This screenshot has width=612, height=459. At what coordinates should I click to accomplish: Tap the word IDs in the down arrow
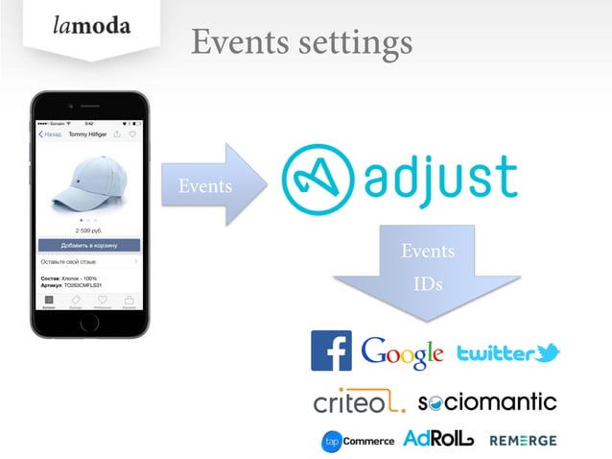[x=427, y=285]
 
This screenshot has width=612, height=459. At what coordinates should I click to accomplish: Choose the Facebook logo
[x=331, y=351]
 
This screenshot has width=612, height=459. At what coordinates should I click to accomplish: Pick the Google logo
[x=402, y=352]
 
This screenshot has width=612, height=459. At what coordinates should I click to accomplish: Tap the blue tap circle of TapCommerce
[x=332, y=441]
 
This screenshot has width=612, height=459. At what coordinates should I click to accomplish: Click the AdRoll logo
[x=438, y=439]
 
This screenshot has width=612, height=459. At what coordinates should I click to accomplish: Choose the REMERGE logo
[x=522, y=441]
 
